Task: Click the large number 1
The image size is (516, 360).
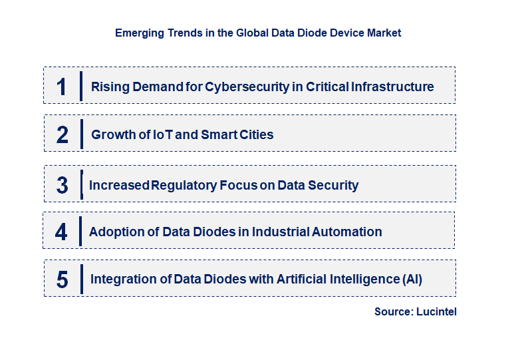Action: point(62,87)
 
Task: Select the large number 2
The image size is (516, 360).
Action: point(62,134)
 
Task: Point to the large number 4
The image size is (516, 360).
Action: point(62,232)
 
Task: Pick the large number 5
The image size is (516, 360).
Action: point(62,279)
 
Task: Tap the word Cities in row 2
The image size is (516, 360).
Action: point(255,134)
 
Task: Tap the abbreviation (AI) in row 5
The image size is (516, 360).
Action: point(412,279)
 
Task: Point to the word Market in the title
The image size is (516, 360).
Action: point(384,33)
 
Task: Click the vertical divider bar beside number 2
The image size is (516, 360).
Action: point(81,134)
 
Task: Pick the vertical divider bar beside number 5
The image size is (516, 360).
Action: point(81,279)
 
